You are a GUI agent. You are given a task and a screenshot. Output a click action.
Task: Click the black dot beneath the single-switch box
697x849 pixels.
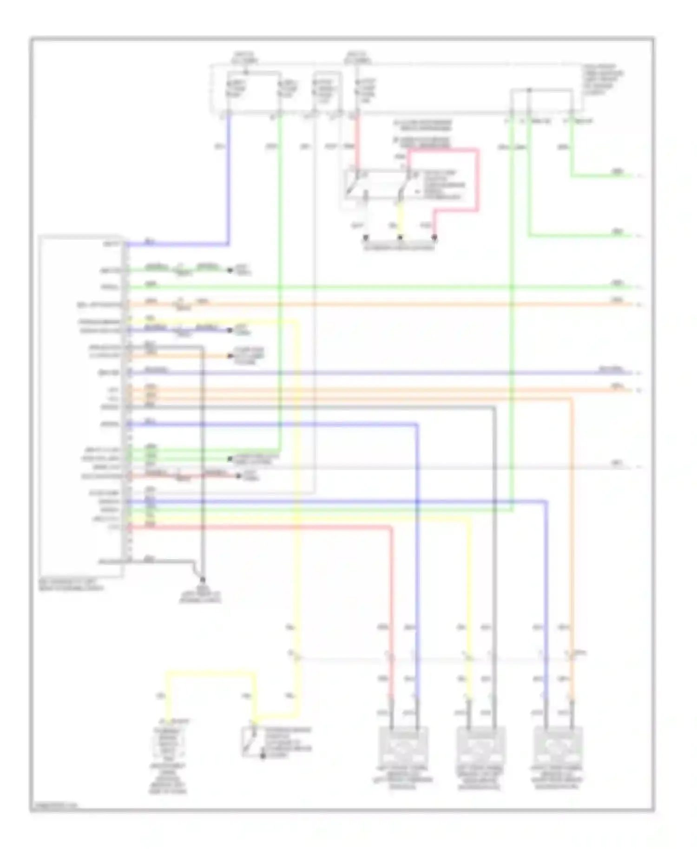click(x=263, y=756)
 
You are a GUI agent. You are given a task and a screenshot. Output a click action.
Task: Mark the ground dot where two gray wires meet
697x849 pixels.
click(x=202, y=580)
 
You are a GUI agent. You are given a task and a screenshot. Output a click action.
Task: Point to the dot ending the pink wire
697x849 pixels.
click(x=434, y=237)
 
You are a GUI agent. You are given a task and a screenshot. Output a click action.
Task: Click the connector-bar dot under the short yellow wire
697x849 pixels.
click(x=400, y=237)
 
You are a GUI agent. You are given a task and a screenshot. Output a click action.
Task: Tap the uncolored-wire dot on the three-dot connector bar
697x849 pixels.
click(x=366, y=237)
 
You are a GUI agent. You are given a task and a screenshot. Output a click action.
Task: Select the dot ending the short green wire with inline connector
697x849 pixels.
click(x=230, y=270)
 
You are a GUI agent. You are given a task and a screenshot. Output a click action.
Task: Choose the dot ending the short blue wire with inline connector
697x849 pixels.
click(x=230, y=330)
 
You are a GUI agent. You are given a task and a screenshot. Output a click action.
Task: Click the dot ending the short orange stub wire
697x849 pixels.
click(x=230, y=356)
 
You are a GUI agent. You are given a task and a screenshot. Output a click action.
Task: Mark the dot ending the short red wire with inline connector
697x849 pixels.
click(x=238, y=476)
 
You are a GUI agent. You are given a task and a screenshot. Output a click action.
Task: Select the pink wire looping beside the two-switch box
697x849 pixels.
click(x=477, y=181)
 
